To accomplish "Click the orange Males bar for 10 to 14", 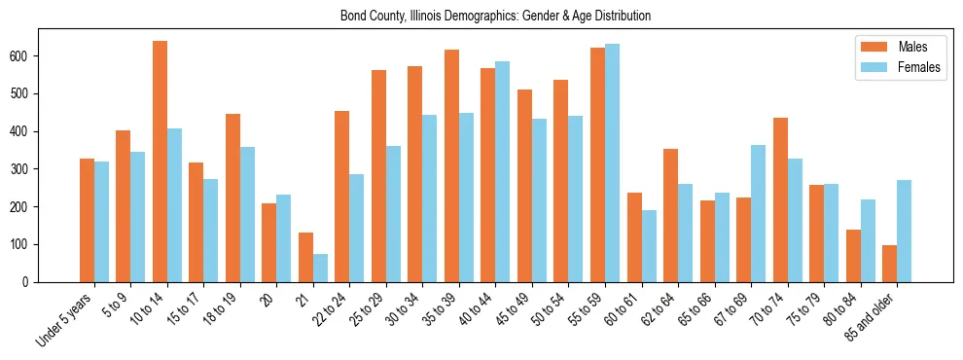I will [x=160, y=162].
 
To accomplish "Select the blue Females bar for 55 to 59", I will [x=612, y=162].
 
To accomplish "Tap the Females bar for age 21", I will [x=320, y=268].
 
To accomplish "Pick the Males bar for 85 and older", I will [x=889, y=264].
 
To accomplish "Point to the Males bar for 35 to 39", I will [x=451, y=165].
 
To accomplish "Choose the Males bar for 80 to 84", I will [x=853, y=256].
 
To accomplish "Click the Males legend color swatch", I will [x=869, y=47].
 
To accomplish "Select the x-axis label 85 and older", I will [x=871, y=318].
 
